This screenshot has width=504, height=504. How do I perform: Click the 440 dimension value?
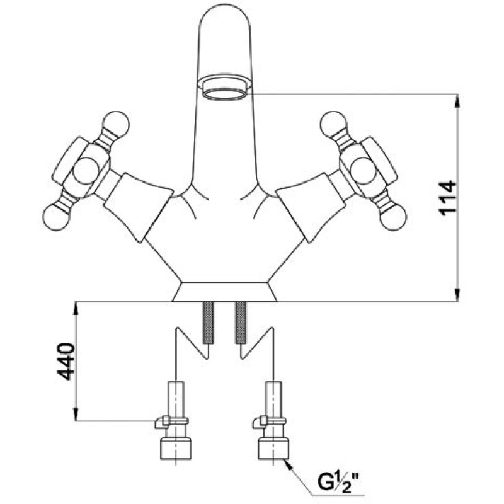pyautogui.click(x=66, y=362)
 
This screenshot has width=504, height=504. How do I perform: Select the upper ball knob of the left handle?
pyautogui.click(x=116, y=124)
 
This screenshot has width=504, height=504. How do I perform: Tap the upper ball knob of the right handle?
pyautogui.click(x=334, y=124)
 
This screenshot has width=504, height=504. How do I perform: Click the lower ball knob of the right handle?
pyautogui.click(x=392, y=217)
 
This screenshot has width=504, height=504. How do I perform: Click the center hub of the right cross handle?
pyautogui.click(x=364, y=171)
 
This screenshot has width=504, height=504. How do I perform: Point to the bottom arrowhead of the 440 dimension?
pyautogui.click(x=76, y=414)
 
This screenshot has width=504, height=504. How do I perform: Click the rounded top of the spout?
pyautogui.click(x=225, y=20)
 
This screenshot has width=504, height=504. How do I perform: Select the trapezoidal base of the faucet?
pyautogui.click(x=225, y=292)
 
